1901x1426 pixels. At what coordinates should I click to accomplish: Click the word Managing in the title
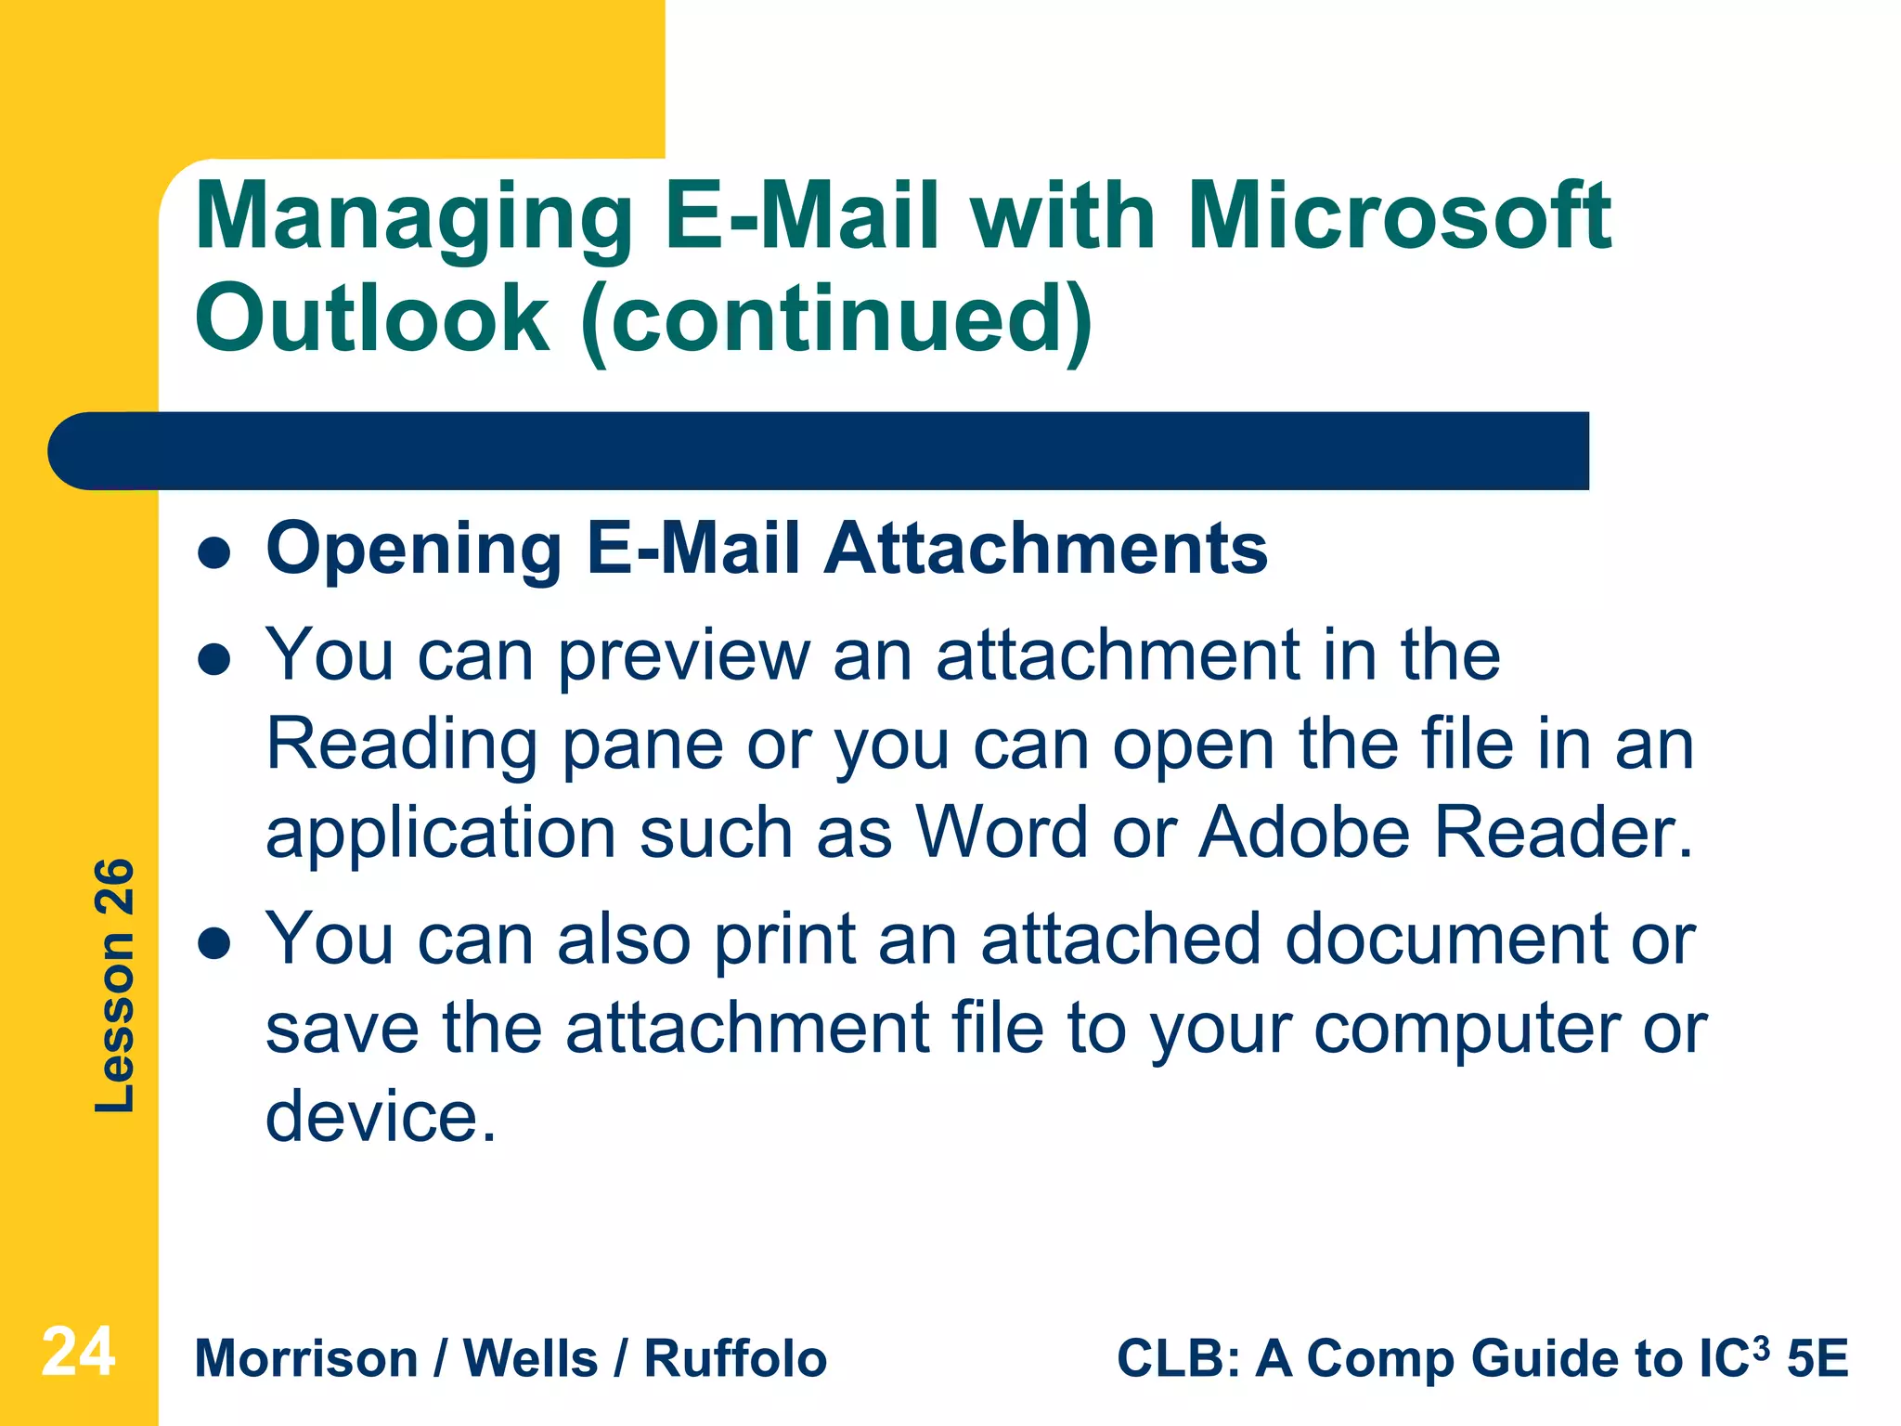(x=414, y=219)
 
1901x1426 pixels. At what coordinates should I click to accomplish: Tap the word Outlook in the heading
(x=372, y=318)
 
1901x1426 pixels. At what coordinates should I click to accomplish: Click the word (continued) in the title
(x=838, y=319)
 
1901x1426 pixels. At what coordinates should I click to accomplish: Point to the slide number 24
(x=78, y=1352)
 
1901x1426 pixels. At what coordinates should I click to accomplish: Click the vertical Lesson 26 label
(x=115, y=986)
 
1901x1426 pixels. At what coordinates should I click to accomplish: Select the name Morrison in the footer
(x=306, y=1359)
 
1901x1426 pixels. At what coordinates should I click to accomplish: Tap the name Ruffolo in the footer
(x=735, y=1359)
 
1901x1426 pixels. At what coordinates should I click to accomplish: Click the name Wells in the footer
(x=530, y=1359)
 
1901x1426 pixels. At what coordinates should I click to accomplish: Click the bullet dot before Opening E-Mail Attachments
(x=214, y=553)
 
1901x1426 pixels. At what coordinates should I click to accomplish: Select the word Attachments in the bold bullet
(x=1046, y=548)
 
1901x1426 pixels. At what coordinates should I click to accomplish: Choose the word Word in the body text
(x=1002, y=831)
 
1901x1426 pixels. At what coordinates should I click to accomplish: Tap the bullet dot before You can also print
(x=214, y=943)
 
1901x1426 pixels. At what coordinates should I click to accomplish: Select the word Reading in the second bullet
(x=402, y=745)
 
